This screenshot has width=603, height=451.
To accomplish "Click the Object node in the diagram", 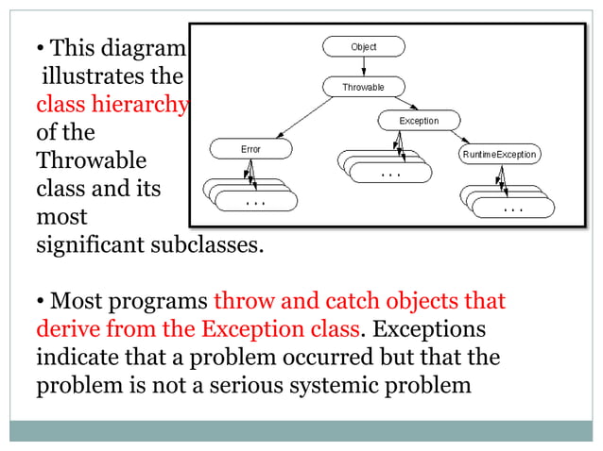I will point(363,46).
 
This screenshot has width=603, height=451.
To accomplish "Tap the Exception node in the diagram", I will point(419,121).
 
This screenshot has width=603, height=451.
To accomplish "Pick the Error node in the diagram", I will point(250,149).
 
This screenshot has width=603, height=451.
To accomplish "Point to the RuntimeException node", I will point(499,153).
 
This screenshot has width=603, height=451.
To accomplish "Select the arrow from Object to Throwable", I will point(363,66).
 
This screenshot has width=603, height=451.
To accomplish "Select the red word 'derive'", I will point(67,330).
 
